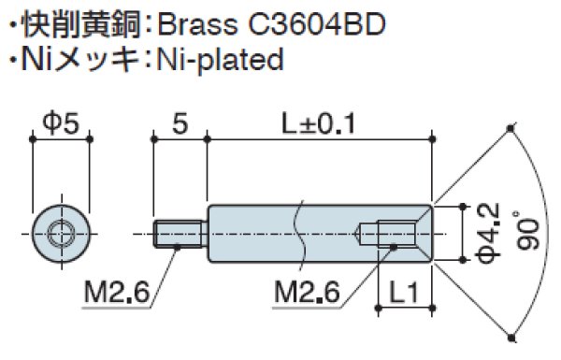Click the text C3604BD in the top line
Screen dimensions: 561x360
[317, 25]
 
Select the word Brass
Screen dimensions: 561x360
[196, 25]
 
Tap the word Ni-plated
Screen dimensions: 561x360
[221, 60]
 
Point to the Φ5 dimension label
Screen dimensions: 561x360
[61, 123]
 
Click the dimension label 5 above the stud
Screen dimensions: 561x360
[180, 123]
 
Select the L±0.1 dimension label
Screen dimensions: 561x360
[318, 123]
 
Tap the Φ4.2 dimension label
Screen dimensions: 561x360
[488, 234]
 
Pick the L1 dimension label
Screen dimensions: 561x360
[404, 293]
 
